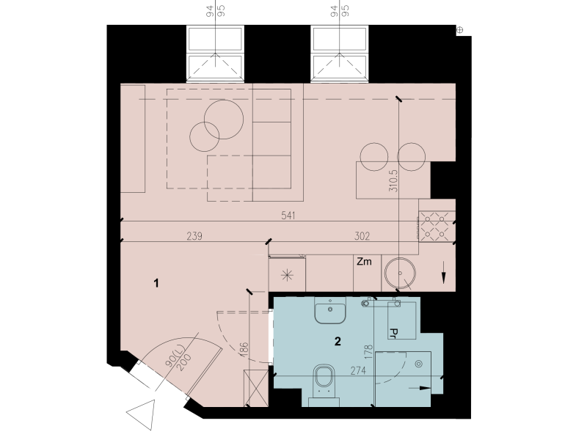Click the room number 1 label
pyautogui.click(x=156, y=283)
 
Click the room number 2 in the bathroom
pyautogui.click(x=338, y=341)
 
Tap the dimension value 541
pyautogui.click(x=288, y=216)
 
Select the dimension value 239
pyautogui.click(x=194, y=236)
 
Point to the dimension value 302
pyautogui.click(x=362, y=236)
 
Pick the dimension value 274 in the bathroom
pyautogui.click(x=358, y=371)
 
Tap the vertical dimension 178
pyautogui.click(x=368, y=353)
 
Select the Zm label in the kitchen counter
pyautogui.click(x=364, y=261)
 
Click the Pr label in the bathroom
pyautogui.click(x=393, y=333)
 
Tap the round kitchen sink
pyautogui.click(x=400, y=273)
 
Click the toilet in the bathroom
pyautogui.click(x=324, y=384)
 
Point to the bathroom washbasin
pyautogui.click(x=329, y=310)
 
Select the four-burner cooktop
pyautogui.click(x=435, y=226)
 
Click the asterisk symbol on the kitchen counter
pyautogui.click(x=287, y=276)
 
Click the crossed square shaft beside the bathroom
pyautogui.click(x=256, y=388)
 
